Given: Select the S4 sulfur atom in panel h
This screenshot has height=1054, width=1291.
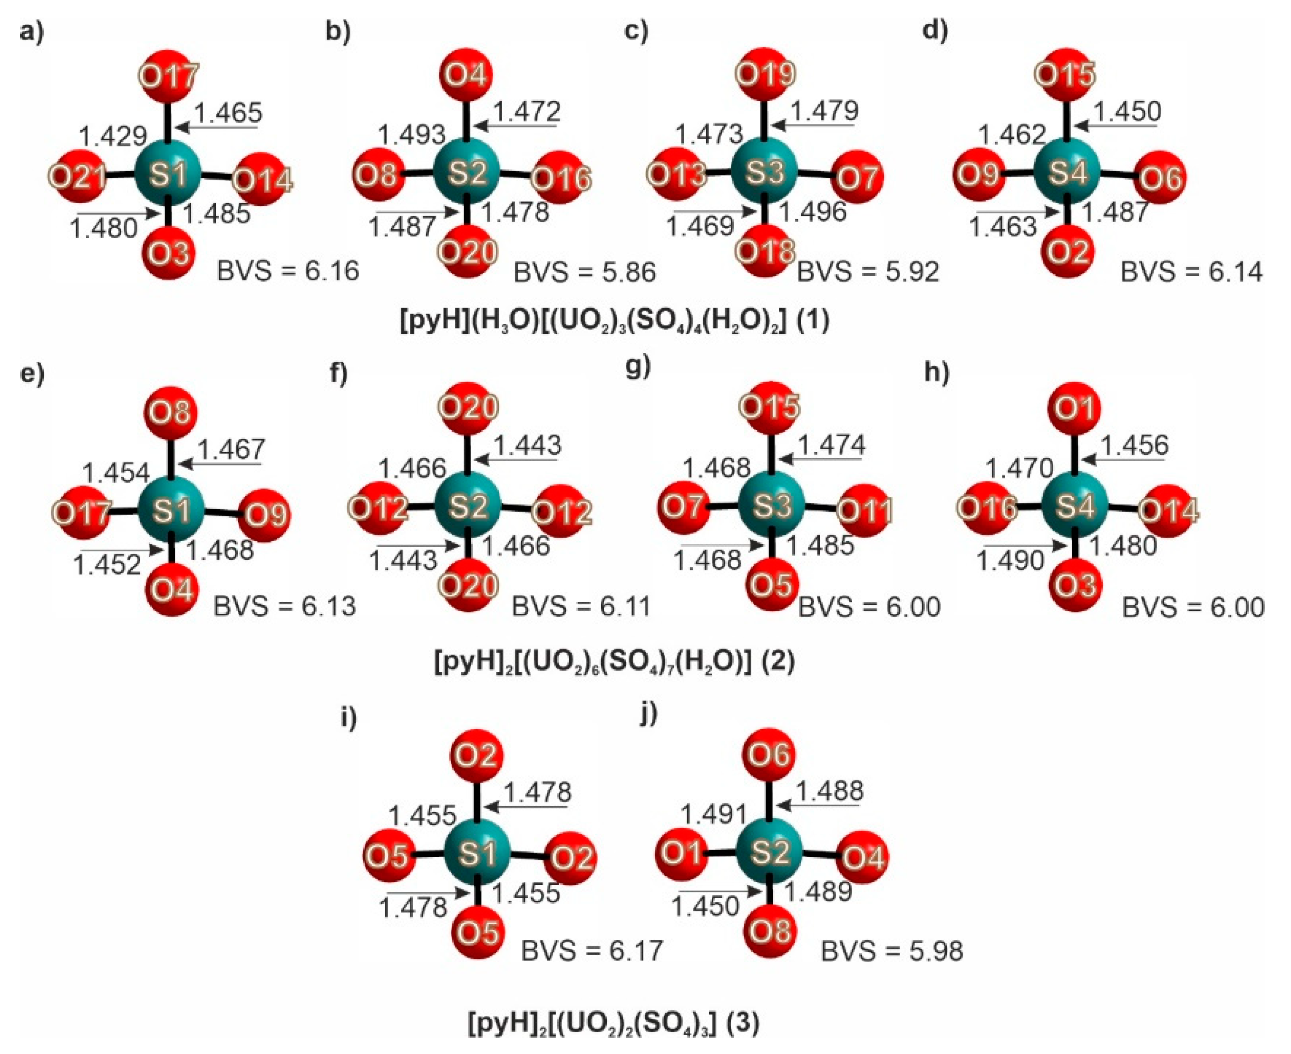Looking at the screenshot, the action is click(x=1075, y=506).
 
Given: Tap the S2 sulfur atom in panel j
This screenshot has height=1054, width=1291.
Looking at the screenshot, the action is click(x=769, y=852).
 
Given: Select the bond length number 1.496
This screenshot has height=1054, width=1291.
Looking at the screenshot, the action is click(x=813, y=211).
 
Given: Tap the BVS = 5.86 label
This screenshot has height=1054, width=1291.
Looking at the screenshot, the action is click(x=585, y=272).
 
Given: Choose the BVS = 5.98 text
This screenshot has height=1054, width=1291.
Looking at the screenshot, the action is click(x=892, y=951).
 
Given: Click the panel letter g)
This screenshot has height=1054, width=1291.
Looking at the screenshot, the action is click(x=638, y=367).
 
